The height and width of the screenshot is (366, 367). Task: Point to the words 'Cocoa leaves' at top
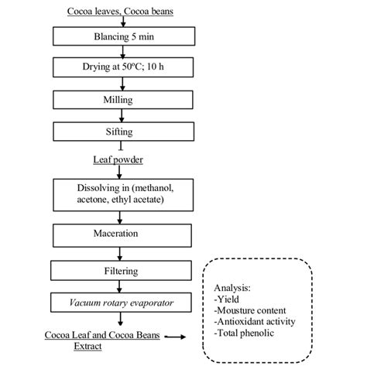point(81,10)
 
